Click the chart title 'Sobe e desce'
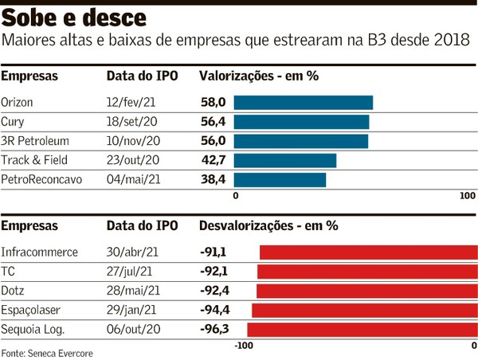tap(75, 18)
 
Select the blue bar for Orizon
tap(303, 103)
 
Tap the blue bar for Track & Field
tap(284, 161)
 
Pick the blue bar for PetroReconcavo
tap(280, 180)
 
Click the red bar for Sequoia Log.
tap(362, 329)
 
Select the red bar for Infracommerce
tap(368, 252)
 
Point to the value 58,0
tap(213, 103)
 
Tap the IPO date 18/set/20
tap(133, 122)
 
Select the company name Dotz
tap(14, 291)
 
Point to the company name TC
tap(9, 272)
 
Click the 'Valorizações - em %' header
tap(258, 76)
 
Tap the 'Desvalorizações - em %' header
tap(268, 226)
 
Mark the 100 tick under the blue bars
tap(468, 196)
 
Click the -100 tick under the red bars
tap(244, 345)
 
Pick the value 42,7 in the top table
tap(213, 161)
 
